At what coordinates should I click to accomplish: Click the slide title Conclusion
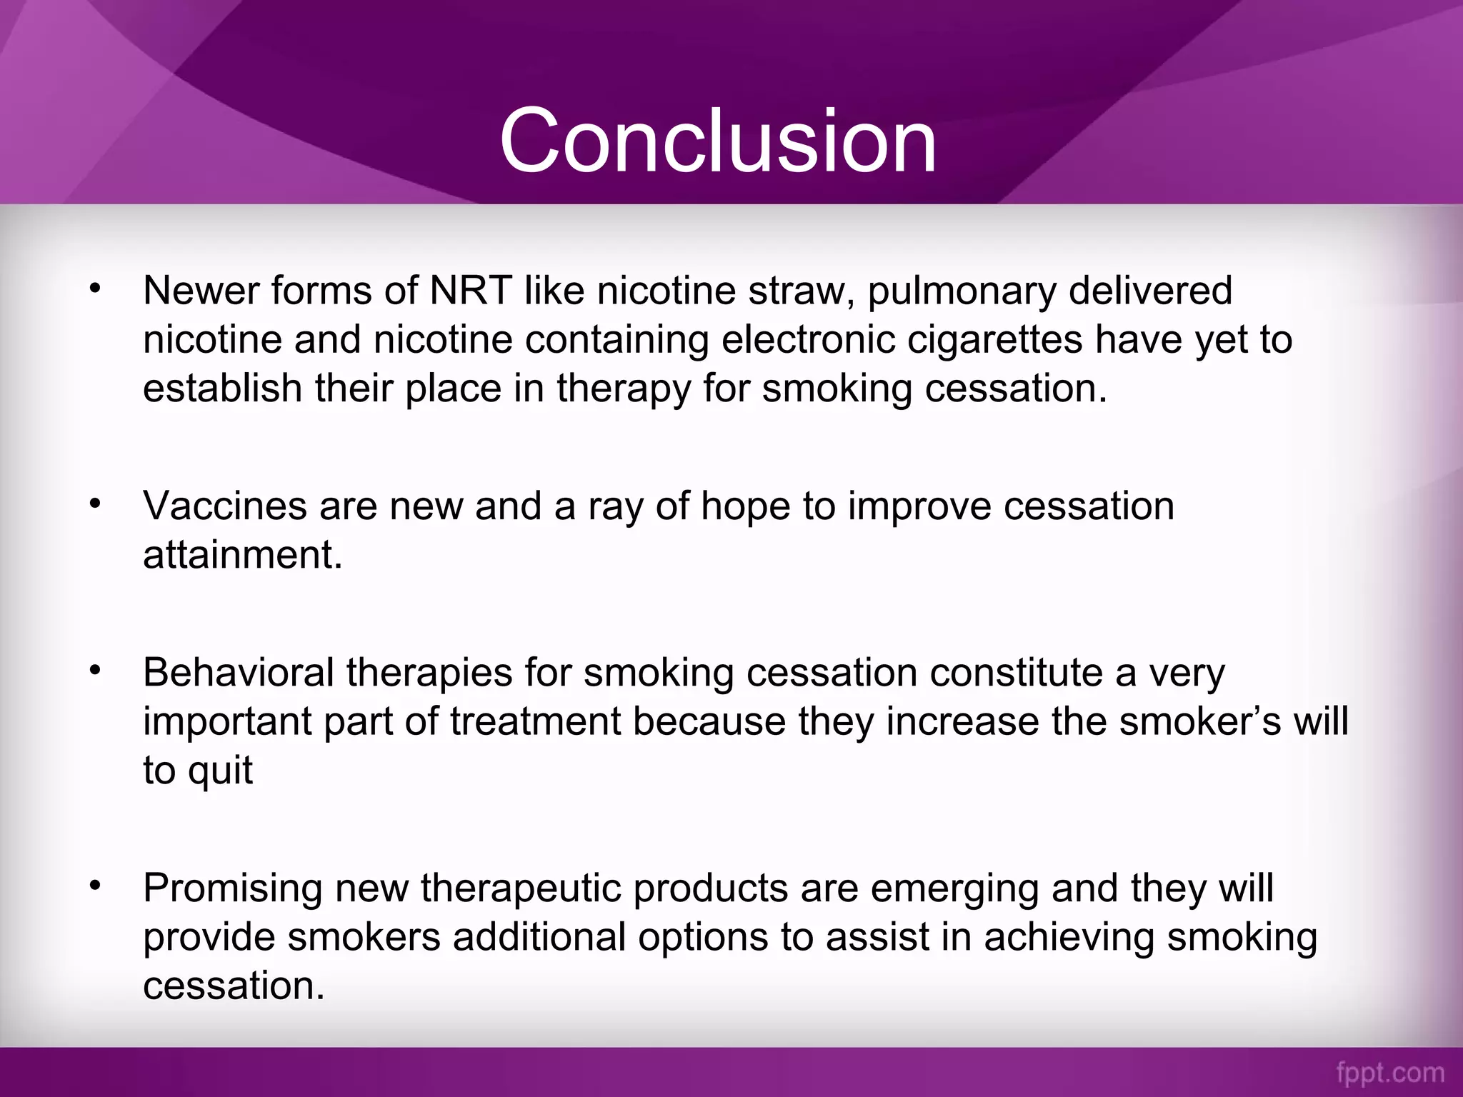pos(717,140)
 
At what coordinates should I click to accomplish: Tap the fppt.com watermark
pos(1389,1072)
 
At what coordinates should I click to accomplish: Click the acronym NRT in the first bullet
pos(470,291)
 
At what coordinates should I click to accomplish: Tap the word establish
pos(222,388)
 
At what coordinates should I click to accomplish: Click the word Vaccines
pos(225,506)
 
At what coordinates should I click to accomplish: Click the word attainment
pos(241,554)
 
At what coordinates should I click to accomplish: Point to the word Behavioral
pos(239,673)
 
